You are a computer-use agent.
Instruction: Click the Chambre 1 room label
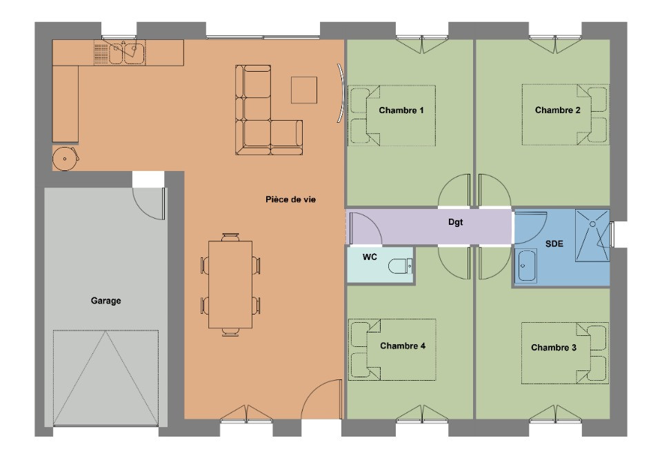pos(401,110)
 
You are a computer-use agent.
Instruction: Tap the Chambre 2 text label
pos(558,110)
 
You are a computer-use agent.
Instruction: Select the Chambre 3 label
pos(554,348)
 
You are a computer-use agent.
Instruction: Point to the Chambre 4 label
pos(402,346)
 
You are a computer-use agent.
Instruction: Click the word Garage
pos(106,301)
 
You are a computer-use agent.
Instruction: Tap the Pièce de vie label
pos(294,199)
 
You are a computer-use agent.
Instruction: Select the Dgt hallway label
pos(454,223)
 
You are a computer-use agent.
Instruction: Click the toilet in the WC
pos(400,265)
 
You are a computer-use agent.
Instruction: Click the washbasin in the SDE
pos(528,266)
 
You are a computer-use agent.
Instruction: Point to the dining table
pos(230,283)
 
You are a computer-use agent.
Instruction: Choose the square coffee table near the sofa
pos(304,90)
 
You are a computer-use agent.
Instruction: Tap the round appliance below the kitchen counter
pos(66,159)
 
